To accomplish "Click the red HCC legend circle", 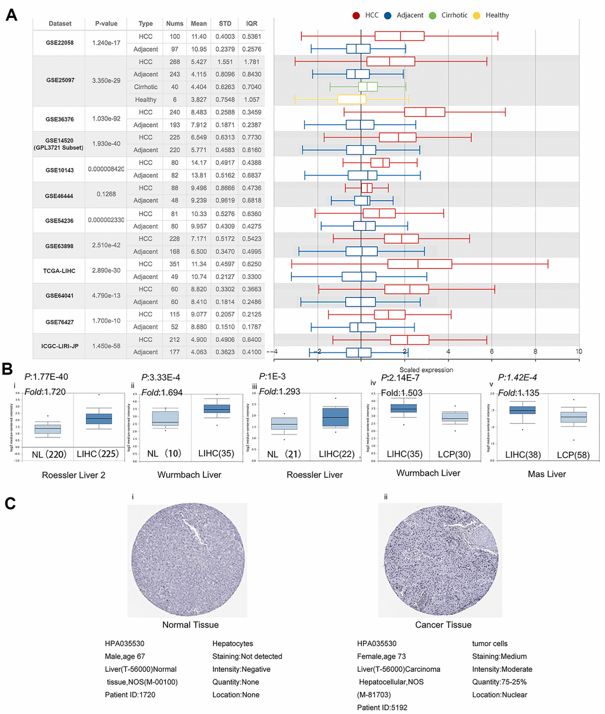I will point(356,15).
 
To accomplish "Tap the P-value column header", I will point(106,24).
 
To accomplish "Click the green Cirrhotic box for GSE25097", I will point(368,87).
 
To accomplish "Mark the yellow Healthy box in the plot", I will point(351,100).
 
